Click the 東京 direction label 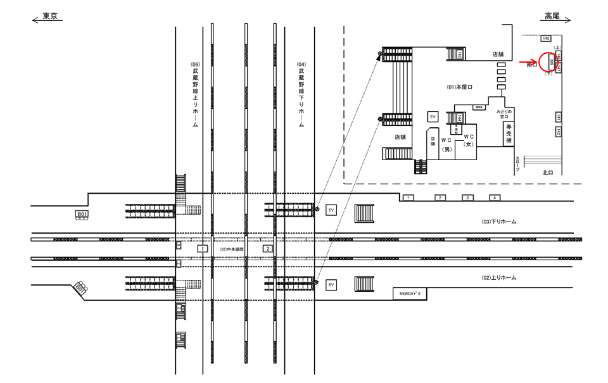pyautogui.click(x=49, y=16)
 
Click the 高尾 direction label pyautogui.click(x=553, y=16)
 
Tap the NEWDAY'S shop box pyautogui.click(x=410, y=294)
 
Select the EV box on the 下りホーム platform pyautogui.click(x=331, y=210)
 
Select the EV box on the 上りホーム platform pyautogui.click(x=331, y=286)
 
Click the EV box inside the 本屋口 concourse pyautogui.click(x=433, y=117)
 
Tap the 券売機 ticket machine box pyautogui.click(x=508, y=134)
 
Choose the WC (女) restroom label pyautogui.click(x=469, y=141)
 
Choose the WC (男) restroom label pyautogui.click(x=446, y=144)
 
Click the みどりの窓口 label pyautogui.click(x=505, y=114)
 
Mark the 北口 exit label pyautogui.click(x=548, y=172)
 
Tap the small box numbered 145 pyautogui.click(x=546, y=39)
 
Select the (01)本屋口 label pyautogui.click(x=460, y=85)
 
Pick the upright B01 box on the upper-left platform pyautogui.click(x=82, y=215)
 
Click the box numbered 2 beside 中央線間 pyautogui.click(x=268, y=249)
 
